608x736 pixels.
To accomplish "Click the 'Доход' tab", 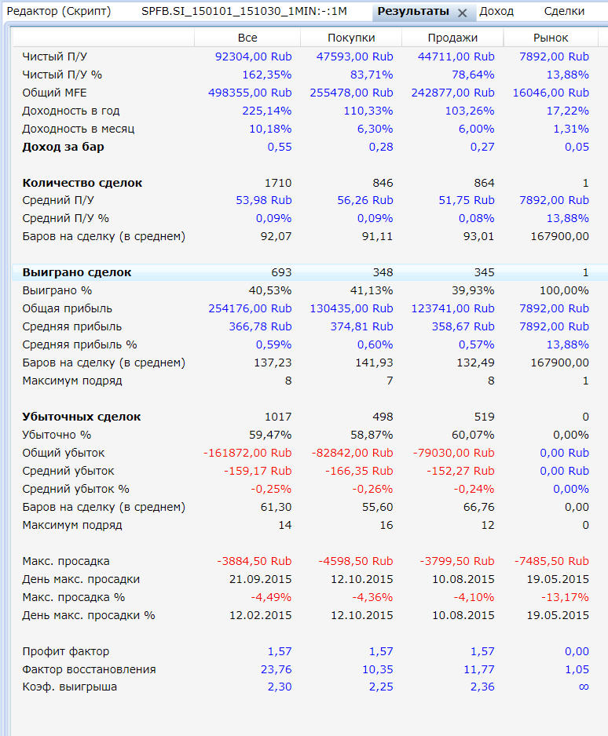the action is click(x=496, y=11).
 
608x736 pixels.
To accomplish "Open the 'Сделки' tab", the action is click(x=564, y=11).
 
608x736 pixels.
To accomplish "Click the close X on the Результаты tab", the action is click(x=463, y=13).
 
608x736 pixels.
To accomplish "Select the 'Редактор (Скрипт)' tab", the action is click(x=59, y=11).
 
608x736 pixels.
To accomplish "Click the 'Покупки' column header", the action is click(x=351, y=38).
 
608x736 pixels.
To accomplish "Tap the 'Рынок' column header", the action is click(x=551, y=38).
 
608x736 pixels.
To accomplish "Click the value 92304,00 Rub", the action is click(x=253, y=56).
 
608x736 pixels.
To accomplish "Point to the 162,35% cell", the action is click(x=267, y=75).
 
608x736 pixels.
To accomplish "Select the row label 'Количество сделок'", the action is click(x=82, y=183).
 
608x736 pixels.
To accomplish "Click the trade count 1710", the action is click(x=278, y=183).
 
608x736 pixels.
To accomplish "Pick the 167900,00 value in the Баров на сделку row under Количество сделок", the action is click(x=559, y=236).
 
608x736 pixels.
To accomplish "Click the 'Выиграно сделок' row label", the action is click(x=77, y=272).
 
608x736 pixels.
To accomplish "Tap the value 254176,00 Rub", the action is click(x=250, y=308).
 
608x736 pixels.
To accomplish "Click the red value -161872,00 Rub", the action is click(x=247, y=453).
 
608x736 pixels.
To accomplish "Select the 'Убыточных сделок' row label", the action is click(x=82, y=417).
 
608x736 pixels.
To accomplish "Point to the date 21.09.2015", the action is click(x=260, y=579).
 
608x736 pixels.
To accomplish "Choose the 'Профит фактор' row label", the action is click(x=66, y=651).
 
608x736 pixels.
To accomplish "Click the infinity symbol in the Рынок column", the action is click(x=584, y=687).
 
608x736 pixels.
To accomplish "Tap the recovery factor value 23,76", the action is click(x=277, y=669).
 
